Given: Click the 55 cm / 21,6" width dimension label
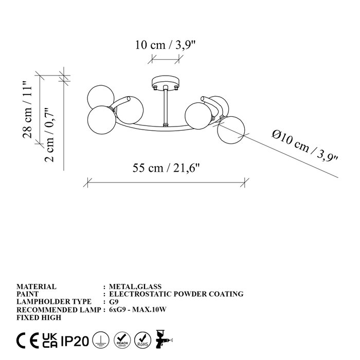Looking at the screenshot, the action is pos(167,168).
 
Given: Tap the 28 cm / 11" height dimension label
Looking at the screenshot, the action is pos(27,110).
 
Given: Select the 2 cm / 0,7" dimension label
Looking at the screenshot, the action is pos(49,135).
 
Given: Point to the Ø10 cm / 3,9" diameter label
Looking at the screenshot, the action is pos(305,146).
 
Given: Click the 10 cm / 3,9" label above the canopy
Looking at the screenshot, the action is pos(165,45).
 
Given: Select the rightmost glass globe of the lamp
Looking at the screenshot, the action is pos(231,130).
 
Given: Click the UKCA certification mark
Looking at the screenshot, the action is pos(49,340).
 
